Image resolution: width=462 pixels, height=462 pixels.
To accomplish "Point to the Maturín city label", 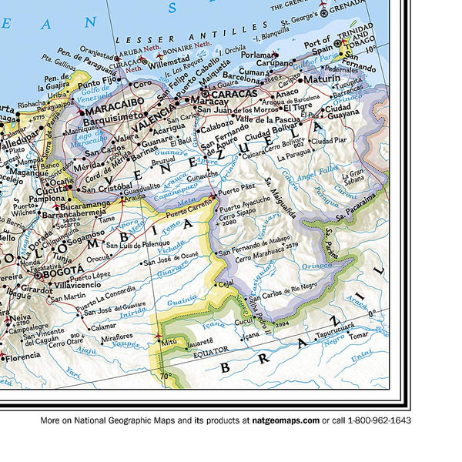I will click(x=321, y=79).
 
